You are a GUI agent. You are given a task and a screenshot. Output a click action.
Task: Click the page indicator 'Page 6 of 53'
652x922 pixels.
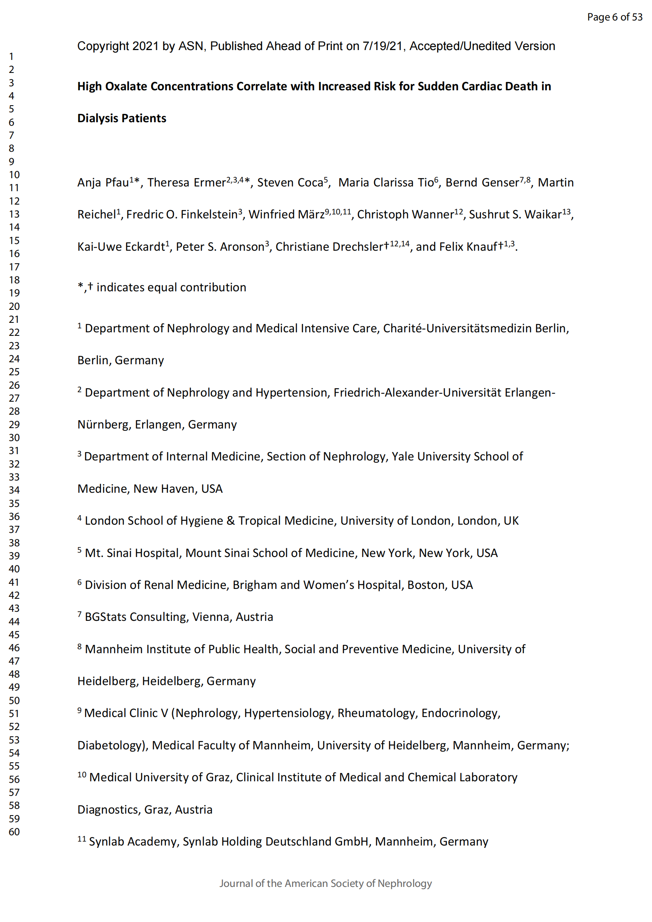pos(614,17)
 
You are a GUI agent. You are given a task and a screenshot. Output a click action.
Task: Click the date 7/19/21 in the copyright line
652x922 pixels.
pos(382,46)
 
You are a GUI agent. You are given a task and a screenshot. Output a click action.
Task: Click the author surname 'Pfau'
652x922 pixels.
pos(117,183)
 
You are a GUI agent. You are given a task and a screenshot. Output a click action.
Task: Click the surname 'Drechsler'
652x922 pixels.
pos(355,246)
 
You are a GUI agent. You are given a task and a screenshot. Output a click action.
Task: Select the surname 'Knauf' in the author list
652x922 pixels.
pos(480,246)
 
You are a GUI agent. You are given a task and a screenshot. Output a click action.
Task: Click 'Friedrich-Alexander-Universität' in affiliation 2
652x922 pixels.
pos(417,393)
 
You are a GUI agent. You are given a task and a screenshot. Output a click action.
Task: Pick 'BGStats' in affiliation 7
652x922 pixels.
pos(106,617)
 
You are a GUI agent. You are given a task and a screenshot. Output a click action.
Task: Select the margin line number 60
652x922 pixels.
pos(15,832)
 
